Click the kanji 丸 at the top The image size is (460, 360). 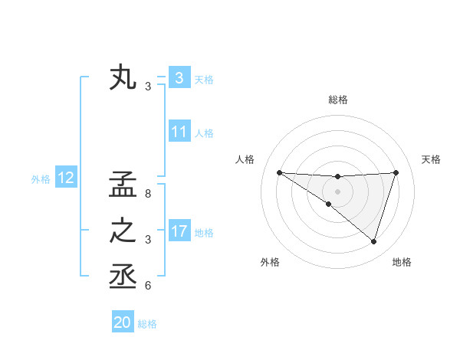click(x=123, y=78)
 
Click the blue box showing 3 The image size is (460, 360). click(x=179, y=78)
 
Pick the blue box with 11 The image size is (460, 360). click(x=179, y=132)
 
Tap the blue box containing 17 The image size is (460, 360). click(x=179, y=231)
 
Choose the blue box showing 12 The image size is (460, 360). click(x=66, y=178)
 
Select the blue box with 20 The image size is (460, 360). click(x=123, y=322)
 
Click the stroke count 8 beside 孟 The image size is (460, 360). click(x=147, y=194)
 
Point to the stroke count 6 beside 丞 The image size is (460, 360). click(x=147, y=286)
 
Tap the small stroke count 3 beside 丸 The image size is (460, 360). click(x=148, y=87)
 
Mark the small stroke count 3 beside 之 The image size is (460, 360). click(x=147, y=240)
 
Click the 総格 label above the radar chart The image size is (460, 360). click(x=337, y=100)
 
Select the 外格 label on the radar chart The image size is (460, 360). click(x=269, y=262)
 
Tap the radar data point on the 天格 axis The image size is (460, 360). click(x=396, y=172)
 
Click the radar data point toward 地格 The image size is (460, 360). click(x=373, y=241)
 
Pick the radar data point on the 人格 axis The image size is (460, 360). click(x=279, y=172)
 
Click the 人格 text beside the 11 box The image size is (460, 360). click(x=204, y=133)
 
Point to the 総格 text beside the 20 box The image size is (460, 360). click(x=147, y=324)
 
